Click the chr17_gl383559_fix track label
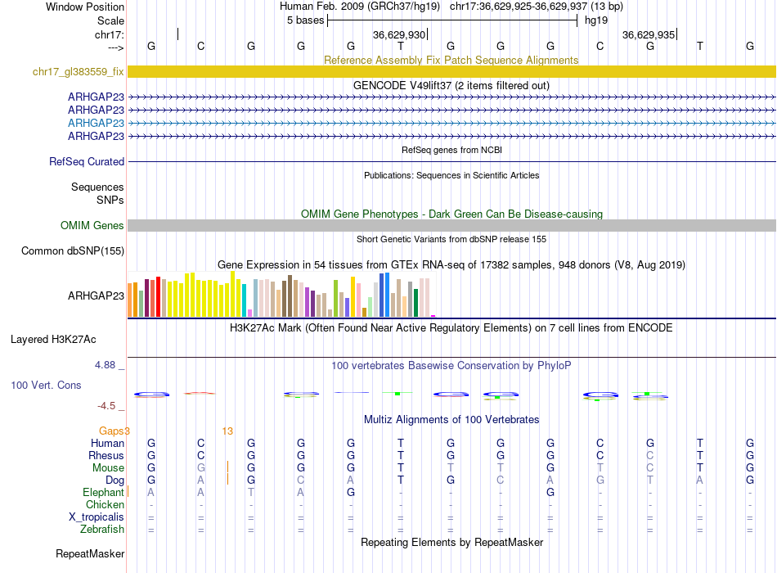[78, 72]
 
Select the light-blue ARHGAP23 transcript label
[96, 123]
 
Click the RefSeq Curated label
[87, 162]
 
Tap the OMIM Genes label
[92, 226]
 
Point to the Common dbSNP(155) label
[72, 251]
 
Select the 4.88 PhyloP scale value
[110, 365]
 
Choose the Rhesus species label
[106, 456]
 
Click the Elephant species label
[103, 493]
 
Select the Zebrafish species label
[101, 530]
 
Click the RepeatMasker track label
[90, 554]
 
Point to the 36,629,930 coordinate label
[399, 35]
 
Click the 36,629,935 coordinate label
[649, 35]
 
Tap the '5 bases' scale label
[305, 20]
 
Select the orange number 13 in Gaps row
[227, 431]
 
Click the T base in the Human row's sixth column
[401, 444]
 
